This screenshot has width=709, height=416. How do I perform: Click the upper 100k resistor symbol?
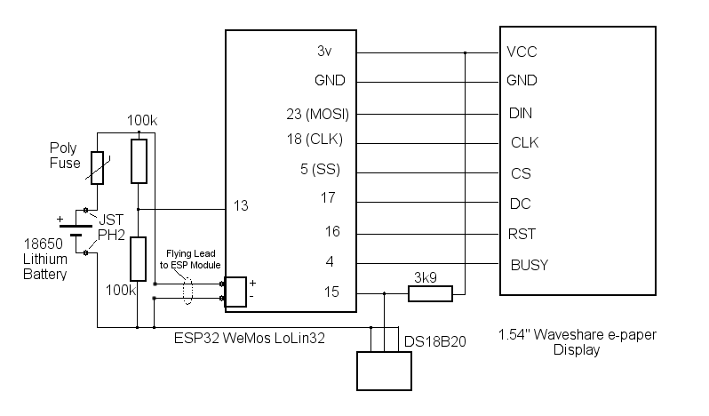point(137,160)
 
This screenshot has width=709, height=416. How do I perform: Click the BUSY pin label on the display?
point(530,264)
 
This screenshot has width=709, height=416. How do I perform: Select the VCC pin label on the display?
point(521,52)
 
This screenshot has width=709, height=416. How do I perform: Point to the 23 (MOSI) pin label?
point(315,114)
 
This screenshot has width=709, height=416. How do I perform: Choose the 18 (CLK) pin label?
point(317,140)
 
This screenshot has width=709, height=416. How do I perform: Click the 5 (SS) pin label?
point(322,171)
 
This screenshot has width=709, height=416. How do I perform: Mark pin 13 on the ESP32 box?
point(240,205)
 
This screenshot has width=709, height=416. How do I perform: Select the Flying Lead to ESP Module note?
point(189,258)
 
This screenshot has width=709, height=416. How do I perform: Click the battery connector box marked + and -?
point(235,292)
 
